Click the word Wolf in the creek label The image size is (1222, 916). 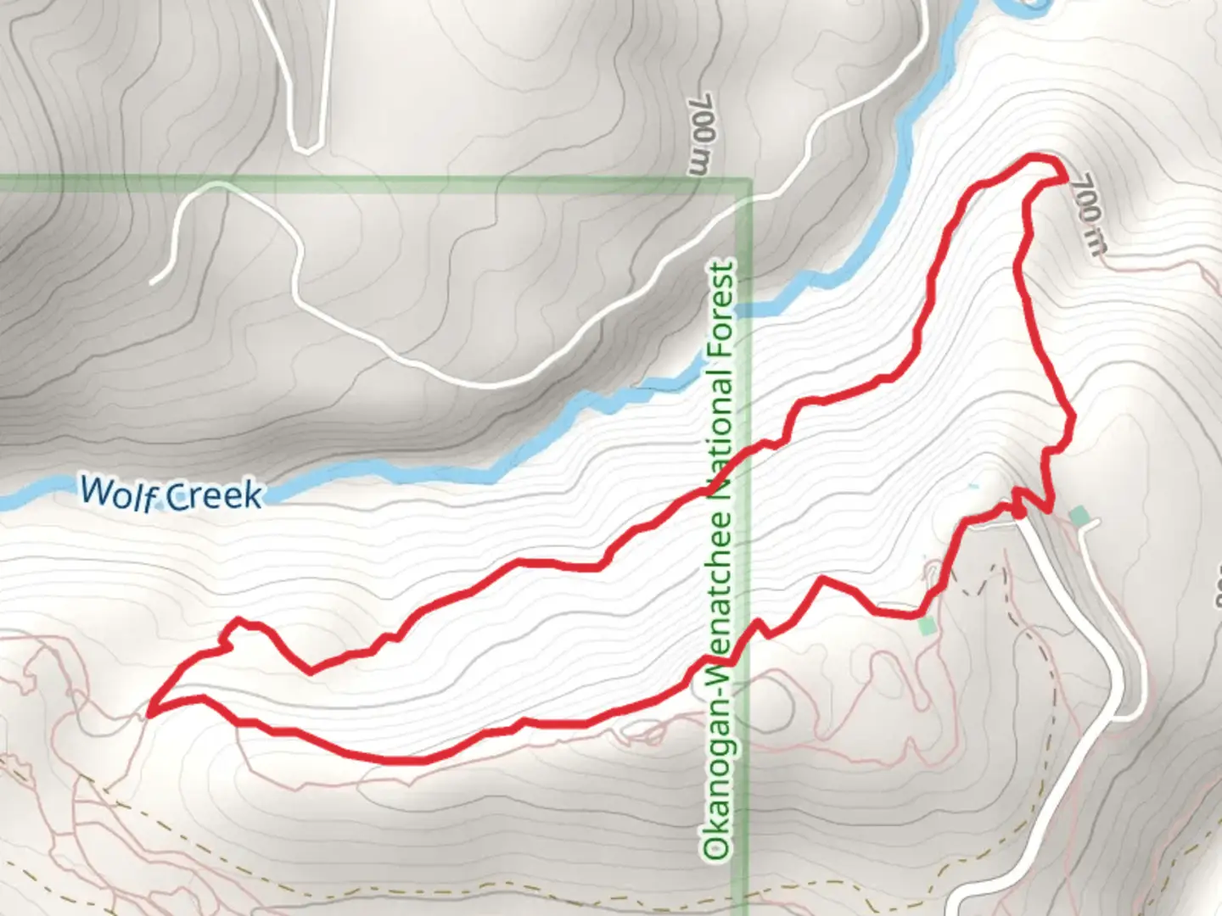(x=117, y=492)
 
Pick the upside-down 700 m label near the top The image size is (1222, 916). (x=703, y=134)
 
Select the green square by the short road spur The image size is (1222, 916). (x=1079, y=515)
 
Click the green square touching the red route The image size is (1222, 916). (x=926, y=626)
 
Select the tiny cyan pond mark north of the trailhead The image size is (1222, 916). (x=972, y=487)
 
